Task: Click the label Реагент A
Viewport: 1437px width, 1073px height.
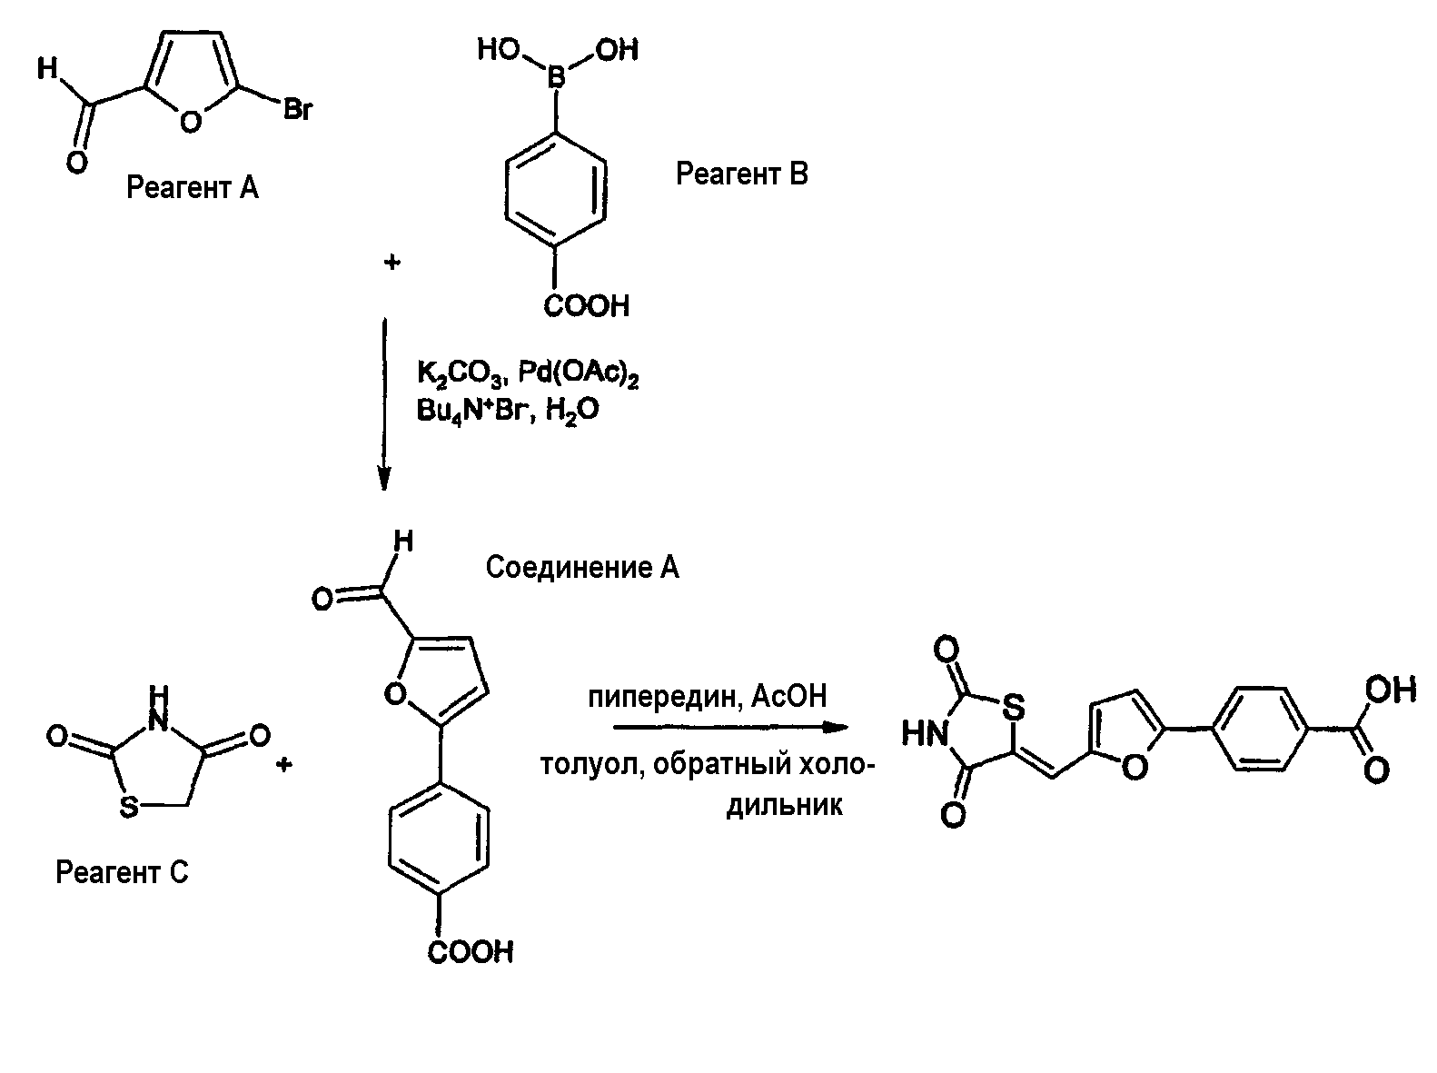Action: (193, 187)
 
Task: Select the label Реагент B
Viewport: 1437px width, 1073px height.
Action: (742, 174)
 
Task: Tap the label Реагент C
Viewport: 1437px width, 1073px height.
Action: (122, 872)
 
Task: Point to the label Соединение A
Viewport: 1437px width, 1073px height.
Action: (582, 567)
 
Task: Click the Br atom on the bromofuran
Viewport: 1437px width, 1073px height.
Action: (298, 109)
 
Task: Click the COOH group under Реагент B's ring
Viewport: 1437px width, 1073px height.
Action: (587, 306)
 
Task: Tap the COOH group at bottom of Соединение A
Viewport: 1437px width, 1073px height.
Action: (471, 952)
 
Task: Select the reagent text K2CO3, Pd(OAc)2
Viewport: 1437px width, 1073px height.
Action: (528, 373)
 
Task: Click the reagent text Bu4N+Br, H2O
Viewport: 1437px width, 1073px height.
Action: (508, 412)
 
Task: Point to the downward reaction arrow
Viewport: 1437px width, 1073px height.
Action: (384, 403)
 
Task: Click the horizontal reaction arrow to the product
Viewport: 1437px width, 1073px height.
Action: (730, 727)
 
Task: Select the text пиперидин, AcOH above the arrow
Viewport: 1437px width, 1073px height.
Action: (707, 696)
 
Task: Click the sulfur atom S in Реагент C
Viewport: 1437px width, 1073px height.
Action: (129, 807)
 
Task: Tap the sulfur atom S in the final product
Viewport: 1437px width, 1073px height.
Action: (1014, 708)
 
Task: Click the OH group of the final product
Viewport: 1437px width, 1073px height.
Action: (1392, 690)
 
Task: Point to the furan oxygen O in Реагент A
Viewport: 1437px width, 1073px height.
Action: (190, 122)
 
